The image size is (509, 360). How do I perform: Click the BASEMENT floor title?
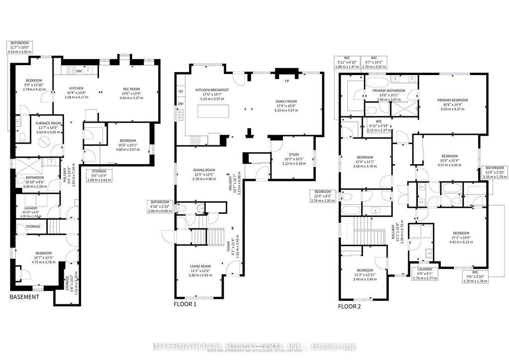coord(24,297)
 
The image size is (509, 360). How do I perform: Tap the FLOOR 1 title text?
coord(185,304)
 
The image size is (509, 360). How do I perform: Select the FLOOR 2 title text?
coord(349,306)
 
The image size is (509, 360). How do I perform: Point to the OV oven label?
coord(180,91)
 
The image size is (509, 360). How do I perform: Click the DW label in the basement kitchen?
coord(79,71)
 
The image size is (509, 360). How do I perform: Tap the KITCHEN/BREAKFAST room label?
coord(212,90)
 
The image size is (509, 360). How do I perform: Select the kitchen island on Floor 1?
coord(214,112)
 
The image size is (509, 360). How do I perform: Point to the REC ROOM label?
coord(132,90)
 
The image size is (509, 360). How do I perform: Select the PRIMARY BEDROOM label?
coord(452,100)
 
